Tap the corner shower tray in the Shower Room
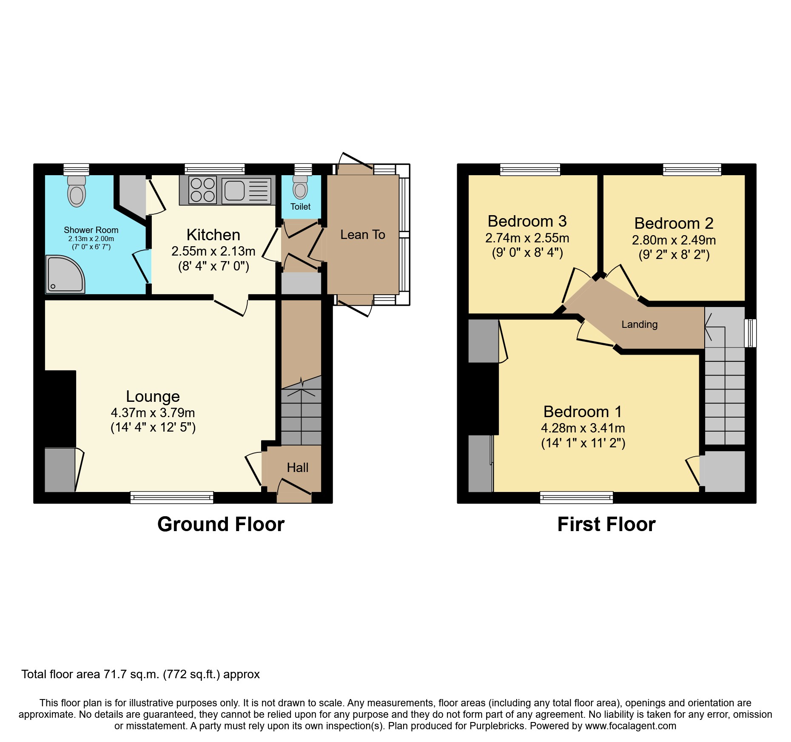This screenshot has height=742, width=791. point(65,275)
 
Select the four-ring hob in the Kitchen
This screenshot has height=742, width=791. point(202,190)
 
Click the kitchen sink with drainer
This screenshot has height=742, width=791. point(246,190)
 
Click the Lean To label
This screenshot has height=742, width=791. point(363,235)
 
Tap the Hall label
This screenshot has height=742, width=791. point(297,468)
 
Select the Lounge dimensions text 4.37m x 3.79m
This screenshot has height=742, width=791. point(153,413)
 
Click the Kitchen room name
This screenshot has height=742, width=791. point(213,235)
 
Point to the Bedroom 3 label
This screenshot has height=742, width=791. point(527,221)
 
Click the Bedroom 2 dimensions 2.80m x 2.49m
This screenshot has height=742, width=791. point(674,240)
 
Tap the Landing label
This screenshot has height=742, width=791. point(639,324)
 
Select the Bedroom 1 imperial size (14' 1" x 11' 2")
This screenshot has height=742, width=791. point(583,443)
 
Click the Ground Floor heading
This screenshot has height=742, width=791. point(221,524)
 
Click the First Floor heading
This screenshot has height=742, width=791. point(606,524)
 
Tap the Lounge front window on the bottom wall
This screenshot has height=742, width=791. point(172,497)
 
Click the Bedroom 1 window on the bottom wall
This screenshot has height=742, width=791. point(576,497)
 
